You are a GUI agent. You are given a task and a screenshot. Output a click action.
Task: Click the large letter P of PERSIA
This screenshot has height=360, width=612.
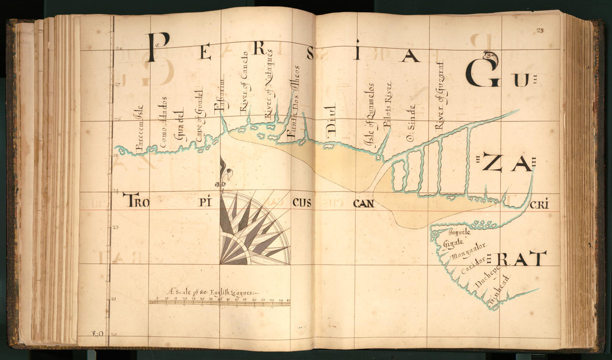click(x=157, y=47)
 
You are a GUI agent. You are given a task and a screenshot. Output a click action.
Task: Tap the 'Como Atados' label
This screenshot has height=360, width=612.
click(x=164, y=126)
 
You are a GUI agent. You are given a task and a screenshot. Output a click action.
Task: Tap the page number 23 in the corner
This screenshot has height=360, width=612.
click(x=540, y=31)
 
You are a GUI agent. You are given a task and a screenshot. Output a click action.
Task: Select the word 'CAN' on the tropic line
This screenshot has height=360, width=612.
click(x=363, y=203)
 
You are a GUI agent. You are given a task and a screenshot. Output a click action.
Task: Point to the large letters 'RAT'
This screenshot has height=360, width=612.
click(x=521, y=259)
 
